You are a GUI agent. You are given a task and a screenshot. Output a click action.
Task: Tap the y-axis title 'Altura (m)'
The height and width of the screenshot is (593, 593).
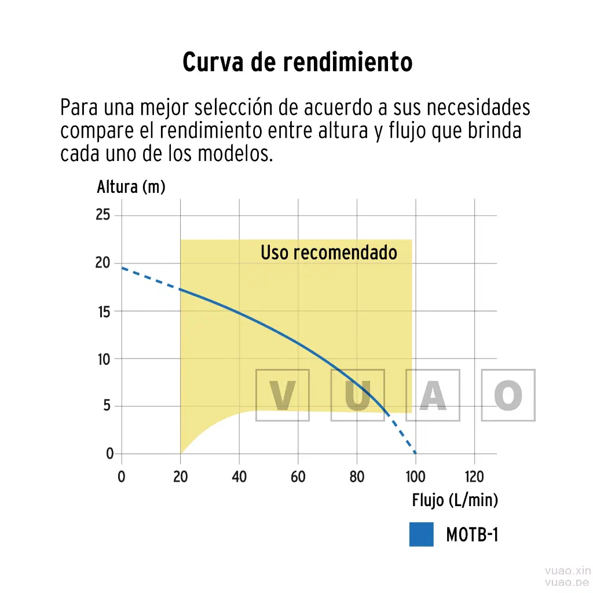tap(131, 188)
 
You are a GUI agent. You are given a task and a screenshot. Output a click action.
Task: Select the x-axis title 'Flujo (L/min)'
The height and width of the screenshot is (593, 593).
tap(455, 500)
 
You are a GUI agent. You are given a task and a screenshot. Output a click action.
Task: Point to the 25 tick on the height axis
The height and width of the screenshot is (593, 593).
tap(103, 215)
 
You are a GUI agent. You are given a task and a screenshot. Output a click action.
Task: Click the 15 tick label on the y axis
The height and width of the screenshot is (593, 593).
tap(103, 311)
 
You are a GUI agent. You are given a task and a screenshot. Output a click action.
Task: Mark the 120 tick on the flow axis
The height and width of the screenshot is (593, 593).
tap(474, 477)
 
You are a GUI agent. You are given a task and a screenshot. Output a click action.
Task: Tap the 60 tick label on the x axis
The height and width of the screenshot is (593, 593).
tap(298, 477)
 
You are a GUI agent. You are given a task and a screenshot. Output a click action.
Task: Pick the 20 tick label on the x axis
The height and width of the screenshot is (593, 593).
tap(181, 477)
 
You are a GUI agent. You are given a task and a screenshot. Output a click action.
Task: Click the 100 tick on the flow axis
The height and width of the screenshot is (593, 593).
tap(415, 477)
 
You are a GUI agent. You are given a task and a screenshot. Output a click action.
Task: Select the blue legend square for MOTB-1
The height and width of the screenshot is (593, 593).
tap(421, 535)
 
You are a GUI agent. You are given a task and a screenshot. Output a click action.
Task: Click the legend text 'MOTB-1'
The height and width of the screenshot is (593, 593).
tap(471, 535)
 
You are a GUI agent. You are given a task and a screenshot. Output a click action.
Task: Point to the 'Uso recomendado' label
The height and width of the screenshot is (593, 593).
tap(328, 253)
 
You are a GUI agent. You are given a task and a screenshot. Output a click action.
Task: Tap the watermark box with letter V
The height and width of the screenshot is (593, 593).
tap(283, 395)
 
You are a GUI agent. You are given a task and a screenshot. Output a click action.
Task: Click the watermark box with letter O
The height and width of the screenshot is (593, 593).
tap(508, 395)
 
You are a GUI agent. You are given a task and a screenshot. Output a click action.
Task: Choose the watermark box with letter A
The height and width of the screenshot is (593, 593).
tap(433, 395)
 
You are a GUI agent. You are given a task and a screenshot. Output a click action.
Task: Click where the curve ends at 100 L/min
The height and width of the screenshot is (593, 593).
tap(415, 453)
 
